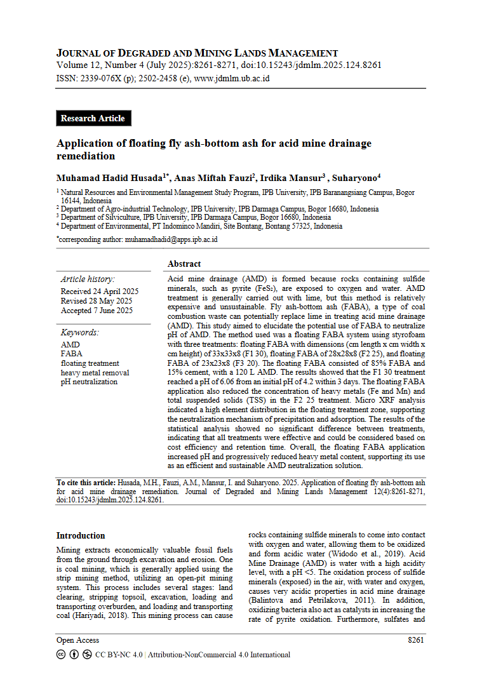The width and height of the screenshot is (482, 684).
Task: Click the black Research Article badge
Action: pyautogui.click(x=93, y=118)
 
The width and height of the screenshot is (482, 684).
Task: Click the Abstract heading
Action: pyautogui.click(x=184, y=264)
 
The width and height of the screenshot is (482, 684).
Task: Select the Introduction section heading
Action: pyautogui.click(x=81, y=535)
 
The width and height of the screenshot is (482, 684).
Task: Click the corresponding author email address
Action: pyautogui.click(x=171, y=239)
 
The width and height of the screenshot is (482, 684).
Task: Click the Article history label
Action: pyautogui.click(x=88, y=279)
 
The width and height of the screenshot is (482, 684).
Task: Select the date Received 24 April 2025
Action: pyautogui.click(x=99, y=292)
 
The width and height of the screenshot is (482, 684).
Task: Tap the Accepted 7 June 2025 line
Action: pyautogui.click(x=97, y=311)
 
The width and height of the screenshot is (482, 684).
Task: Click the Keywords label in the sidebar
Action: pyautogui.click(x=80, y=332)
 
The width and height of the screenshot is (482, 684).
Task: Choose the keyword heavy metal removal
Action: pyautogui.click(x=95, y=373)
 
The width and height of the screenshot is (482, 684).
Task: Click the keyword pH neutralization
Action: pyautogui.click(x=89, y=382)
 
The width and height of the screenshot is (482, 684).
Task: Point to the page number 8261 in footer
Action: pyautogui.click(x=416, y=640)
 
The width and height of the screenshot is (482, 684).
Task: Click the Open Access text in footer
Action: pyautogui.click(x=77, y=640)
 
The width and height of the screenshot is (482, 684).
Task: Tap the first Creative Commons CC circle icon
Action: pyautogui.click(x=61, y=655)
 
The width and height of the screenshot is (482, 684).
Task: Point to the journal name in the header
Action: pyautogui.click(x=197, y=53)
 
